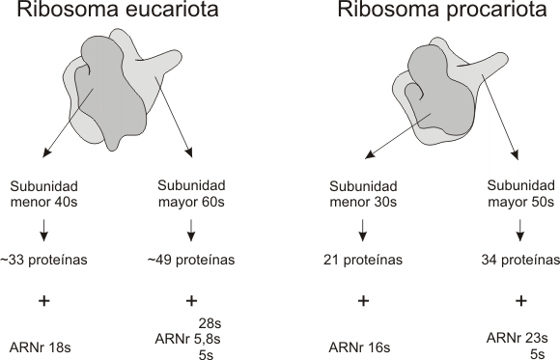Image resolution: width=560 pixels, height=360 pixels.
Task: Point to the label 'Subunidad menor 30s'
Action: click(x=363, y=194)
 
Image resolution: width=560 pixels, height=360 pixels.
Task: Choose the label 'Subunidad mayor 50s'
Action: click(x=520, y=194)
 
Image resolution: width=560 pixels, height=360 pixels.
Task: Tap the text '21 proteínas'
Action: click(x=363, y=260)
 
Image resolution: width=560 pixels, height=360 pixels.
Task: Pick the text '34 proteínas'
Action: click(x=520, y=260)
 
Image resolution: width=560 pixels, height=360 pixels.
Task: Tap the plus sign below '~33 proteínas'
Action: click(x=43, y=300)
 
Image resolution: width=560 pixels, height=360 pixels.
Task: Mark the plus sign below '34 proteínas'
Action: click(x=520, y=300)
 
